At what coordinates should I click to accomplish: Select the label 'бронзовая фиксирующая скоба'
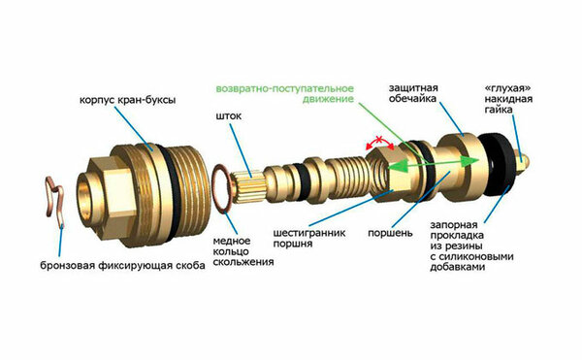pos(122,265)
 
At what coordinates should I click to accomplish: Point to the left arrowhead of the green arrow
pos(395,168)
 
